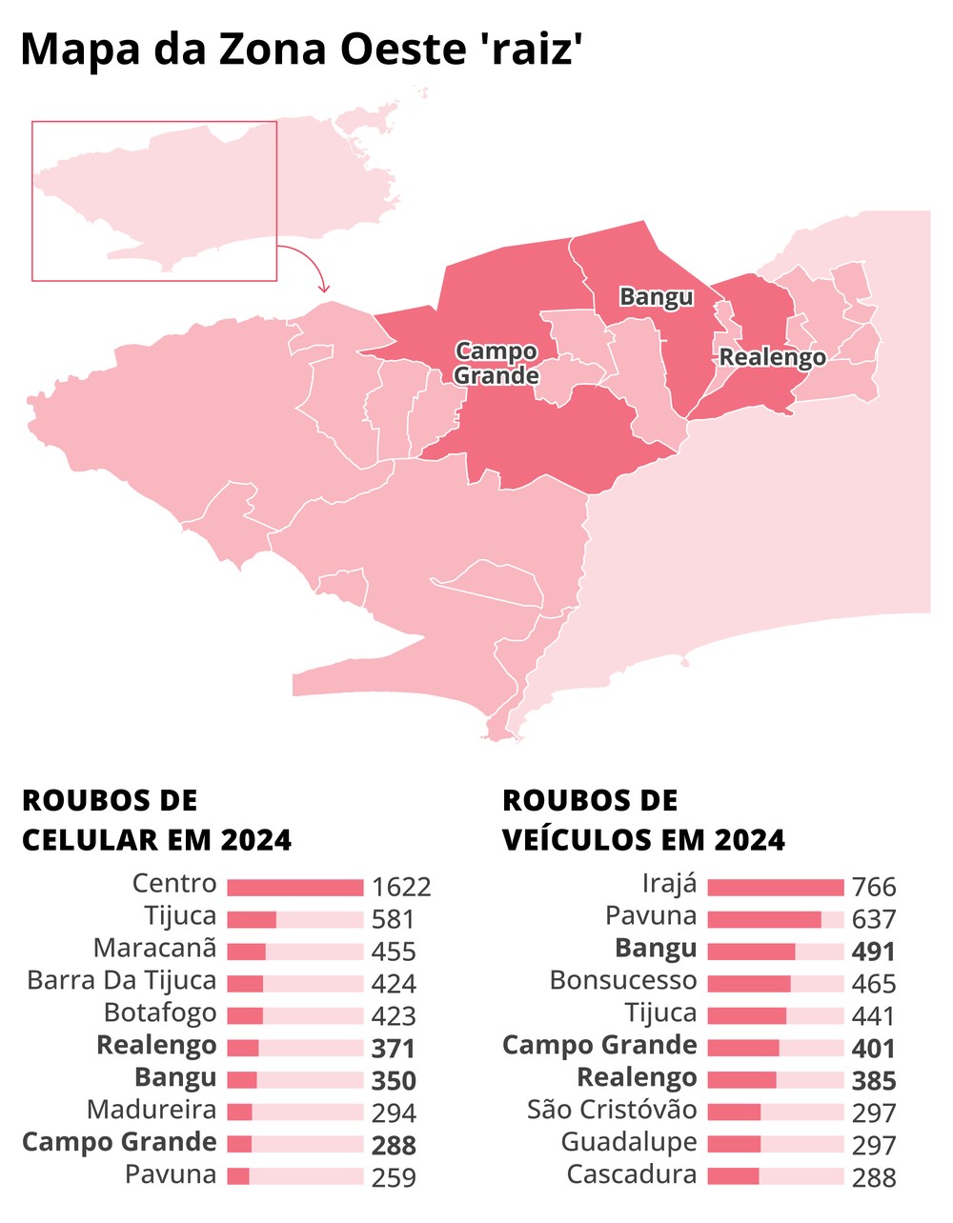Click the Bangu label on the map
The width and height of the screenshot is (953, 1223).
(x=656, y=296)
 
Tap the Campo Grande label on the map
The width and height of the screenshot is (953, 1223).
(x=496, y=363)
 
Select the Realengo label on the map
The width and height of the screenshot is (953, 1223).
(x=772, y=357)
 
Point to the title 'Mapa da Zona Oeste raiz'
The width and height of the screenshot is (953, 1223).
(x=301, y=50)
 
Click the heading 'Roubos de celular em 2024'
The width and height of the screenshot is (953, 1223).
(x=156, y=820)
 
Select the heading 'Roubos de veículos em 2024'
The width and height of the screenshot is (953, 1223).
(x=643, y=820)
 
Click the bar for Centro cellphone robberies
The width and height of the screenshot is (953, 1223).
(x=295, y=888)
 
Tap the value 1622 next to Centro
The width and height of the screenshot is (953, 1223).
(x=401, y=888)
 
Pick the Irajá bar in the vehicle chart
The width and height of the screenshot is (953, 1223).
(x=776, y=888)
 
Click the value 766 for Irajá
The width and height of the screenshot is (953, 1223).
(x=874, y=888)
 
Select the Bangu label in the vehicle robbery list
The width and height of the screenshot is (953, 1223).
(x=656, y=950)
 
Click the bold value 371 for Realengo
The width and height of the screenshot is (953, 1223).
(x=394, y=1049)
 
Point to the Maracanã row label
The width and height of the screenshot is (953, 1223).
(x=155, y=950)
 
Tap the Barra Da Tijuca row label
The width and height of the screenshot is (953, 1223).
(x=122, y=982)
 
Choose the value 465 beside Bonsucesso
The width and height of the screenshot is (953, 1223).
(x=874, y=984)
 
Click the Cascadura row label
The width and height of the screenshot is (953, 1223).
(x=632, y=1175)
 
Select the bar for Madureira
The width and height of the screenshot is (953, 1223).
(x=239, y=1113)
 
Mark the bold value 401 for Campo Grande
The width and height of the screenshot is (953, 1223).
(x=874, y=1049)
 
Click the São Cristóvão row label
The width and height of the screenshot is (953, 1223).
(x=612, y=1112)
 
